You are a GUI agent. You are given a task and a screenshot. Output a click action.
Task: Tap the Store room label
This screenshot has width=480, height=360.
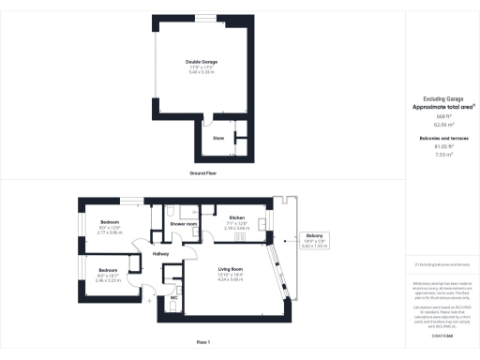point(218,138)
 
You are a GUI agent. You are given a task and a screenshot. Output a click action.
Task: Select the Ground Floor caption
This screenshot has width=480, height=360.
point(204,174)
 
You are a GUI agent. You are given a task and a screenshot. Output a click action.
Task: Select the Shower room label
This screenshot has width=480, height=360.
point(183,224)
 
